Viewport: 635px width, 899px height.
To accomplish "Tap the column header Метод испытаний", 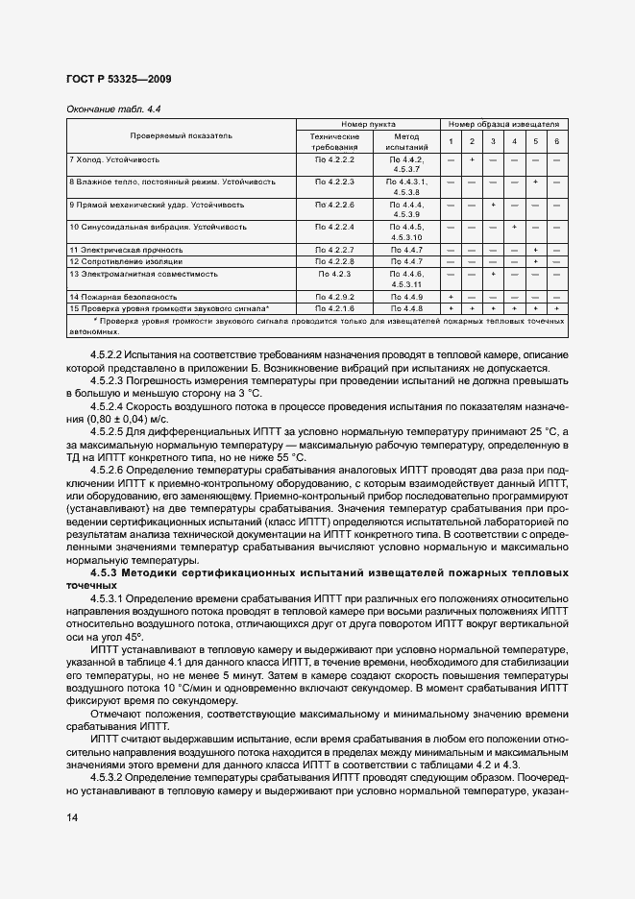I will tap(402, 142).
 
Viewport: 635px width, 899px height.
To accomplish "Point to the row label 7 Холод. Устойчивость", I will tap(114, 158).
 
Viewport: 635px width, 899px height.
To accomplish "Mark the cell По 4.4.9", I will tap(402, 297).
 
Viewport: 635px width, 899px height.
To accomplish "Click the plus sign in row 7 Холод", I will tap(472, 158).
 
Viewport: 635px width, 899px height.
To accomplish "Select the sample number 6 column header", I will tap(556, 142).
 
